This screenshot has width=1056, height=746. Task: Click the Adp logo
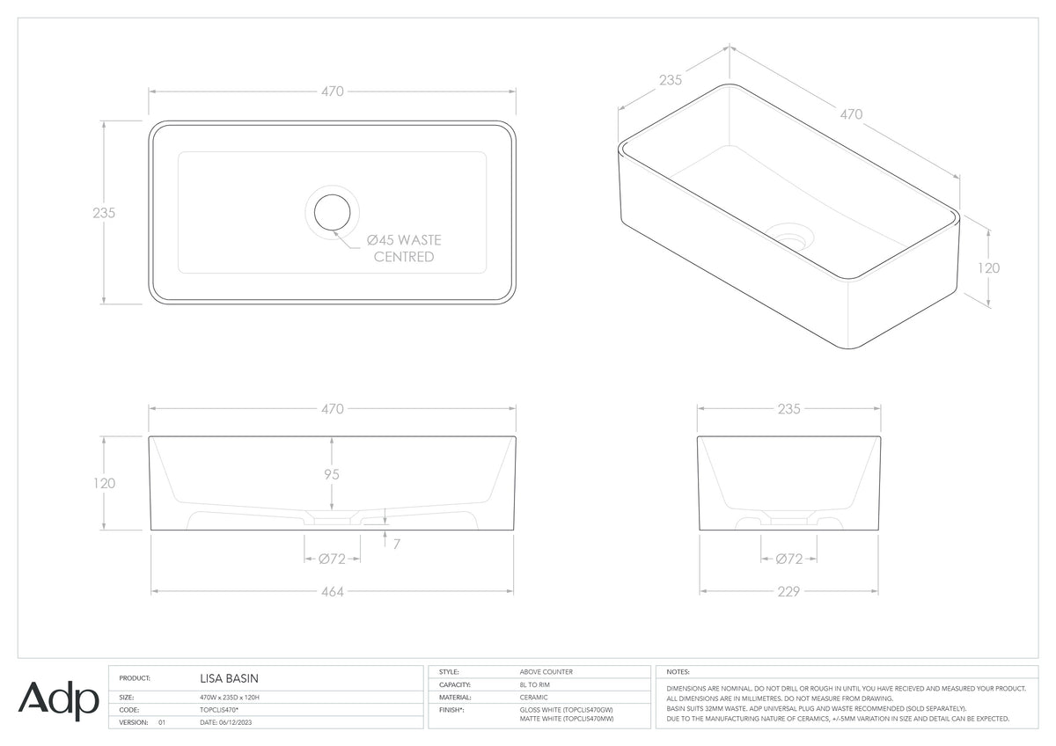(58, 701)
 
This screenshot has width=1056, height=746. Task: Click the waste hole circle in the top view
(333, 194)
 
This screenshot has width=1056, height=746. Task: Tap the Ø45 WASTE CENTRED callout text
(404, 248)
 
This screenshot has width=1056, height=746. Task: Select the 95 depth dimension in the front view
(332, 474)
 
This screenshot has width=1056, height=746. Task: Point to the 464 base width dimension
(333, 591)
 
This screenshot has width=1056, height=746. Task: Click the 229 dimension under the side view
(788, 591)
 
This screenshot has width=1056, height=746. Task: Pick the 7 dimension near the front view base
(397, 545)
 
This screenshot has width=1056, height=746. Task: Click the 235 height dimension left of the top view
(104, 213)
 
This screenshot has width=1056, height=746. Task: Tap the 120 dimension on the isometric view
(988, 268)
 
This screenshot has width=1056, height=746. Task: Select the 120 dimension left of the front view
(104, 483)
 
